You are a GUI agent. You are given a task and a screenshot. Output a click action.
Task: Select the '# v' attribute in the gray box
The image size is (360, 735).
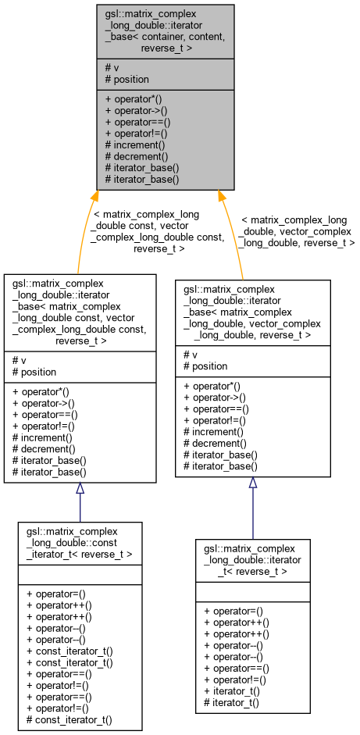click(x=112, y=68)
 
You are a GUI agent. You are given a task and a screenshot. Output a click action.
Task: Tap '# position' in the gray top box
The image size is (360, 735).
click(x=127, y=80)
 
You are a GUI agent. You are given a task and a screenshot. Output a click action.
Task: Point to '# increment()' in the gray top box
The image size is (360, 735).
click(x=135, y=145)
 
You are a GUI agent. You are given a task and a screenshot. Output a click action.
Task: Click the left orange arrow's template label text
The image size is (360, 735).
click(x=158, y=231)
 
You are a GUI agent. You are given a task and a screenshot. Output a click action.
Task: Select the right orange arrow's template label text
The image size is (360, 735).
click(x=297, y=232)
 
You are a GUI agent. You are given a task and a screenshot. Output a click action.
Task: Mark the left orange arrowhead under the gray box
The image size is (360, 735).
click(x=94, y=197)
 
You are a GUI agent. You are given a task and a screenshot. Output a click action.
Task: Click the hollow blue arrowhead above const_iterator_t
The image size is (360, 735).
click(x=80, y=489)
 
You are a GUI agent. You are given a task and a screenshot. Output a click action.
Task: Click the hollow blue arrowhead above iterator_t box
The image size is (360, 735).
click(x=252, y=483)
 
